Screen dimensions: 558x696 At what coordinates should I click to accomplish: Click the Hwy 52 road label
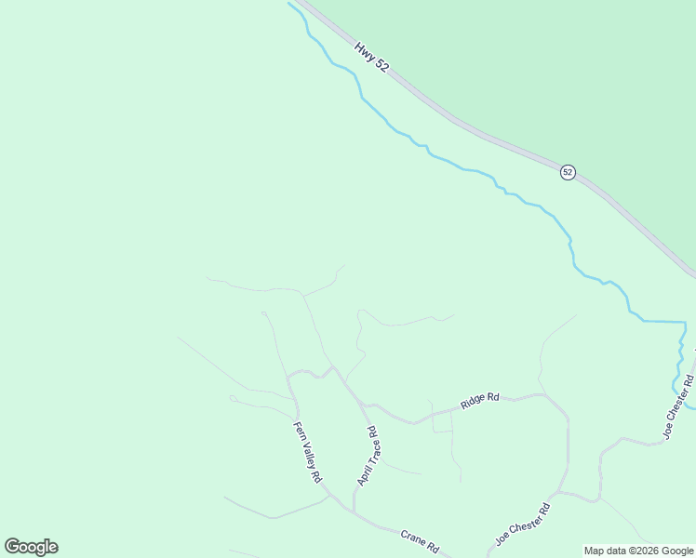[371, 59]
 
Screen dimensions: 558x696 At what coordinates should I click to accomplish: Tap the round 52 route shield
[568, 172]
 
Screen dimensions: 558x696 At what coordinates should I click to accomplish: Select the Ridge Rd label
[480, 402]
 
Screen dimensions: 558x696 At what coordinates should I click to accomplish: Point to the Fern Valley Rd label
[307, 452]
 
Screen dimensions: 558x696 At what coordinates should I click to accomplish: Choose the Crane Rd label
[419, 541]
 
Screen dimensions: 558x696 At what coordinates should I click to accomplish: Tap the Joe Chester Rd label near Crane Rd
[523, 525]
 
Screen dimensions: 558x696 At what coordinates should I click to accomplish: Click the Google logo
[31, 547]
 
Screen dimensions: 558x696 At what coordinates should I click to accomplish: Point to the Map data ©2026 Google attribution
[638, 551]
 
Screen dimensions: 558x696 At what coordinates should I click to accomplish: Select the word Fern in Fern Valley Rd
[300, 431]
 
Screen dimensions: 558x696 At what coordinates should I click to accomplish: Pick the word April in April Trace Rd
[361, 475]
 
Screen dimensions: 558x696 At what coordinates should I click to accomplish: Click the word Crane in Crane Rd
[413, 538]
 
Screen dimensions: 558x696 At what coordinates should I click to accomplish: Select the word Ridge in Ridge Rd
[474, 404]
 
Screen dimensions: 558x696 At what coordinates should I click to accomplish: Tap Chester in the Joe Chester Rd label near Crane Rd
[526, 522]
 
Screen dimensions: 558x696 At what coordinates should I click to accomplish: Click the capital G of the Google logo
[12, 546]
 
